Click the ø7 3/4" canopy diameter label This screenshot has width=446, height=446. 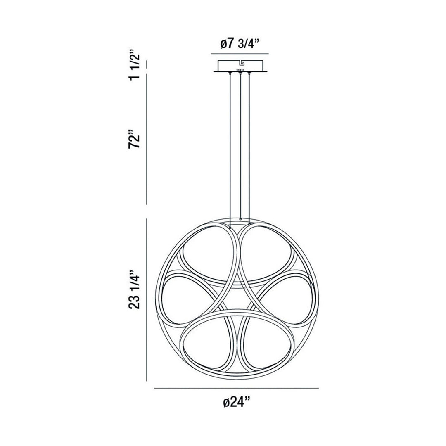pyautogui.click(x=239, y=44)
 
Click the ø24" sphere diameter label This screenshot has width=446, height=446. pyautogui.click(x=237, y=403)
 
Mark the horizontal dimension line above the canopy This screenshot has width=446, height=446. pyautogui.click(x=240, y=54)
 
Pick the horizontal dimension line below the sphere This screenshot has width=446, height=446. pyautogui.click(x=236, y=388)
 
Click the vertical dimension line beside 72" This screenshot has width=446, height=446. pyautogui.click(x=147, y=140)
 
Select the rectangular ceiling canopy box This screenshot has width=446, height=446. pyautogui.click(x=240, y=66)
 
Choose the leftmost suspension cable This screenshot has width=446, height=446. pyautogui.click(x=230, y=149)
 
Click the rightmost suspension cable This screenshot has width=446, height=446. pyautogui.click(x=249, y=149)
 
